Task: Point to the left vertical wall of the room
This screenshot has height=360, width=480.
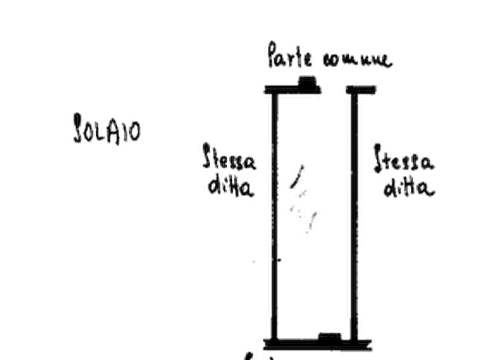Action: click(271, 215)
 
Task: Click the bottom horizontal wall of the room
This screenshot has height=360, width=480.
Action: click(317, 341)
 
